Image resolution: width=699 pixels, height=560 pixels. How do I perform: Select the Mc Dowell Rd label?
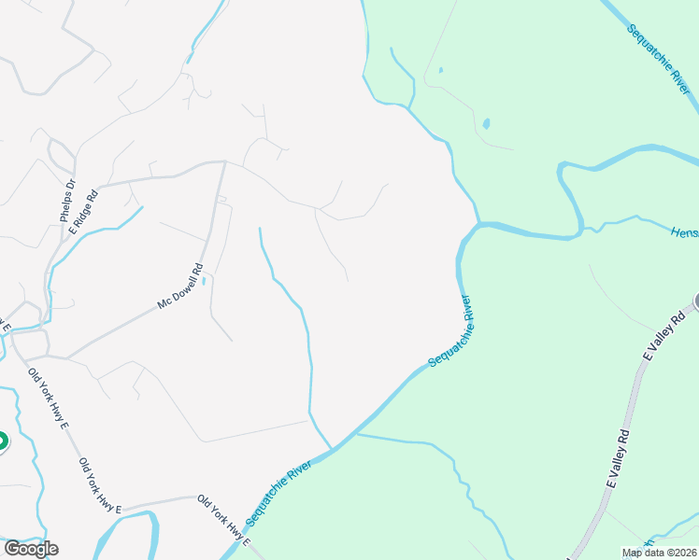pyautogui.click(x=180, y=287)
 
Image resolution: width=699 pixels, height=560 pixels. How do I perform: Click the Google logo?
pyautogui.click(x=31, y=548)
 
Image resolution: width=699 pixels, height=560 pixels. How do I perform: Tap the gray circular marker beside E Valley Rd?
pyautogui.click(x=696, y=301)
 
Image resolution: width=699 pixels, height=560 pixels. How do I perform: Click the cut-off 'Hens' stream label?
pyautogui.click(x=684, y=231)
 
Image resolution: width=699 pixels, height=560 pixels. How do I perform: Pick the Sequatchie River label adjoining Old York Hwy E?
pyautogui.click(x=278, y=491)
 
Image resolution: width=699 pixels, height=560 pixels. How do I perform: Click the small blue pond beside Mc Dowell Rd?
pyautogui.click(x=204, y=279)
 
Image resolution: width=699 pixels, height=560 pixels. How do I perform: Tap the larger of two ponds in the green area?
pyautogui.click(x=486, y=123)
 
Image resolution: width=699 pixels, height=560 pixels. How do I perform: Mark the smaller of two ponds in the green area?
pyautogui.click(x=439, y=69)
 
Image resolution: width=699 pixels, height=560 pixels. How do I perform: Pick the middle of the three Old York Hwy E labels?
pyautogui.click(x=100, y=485)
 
